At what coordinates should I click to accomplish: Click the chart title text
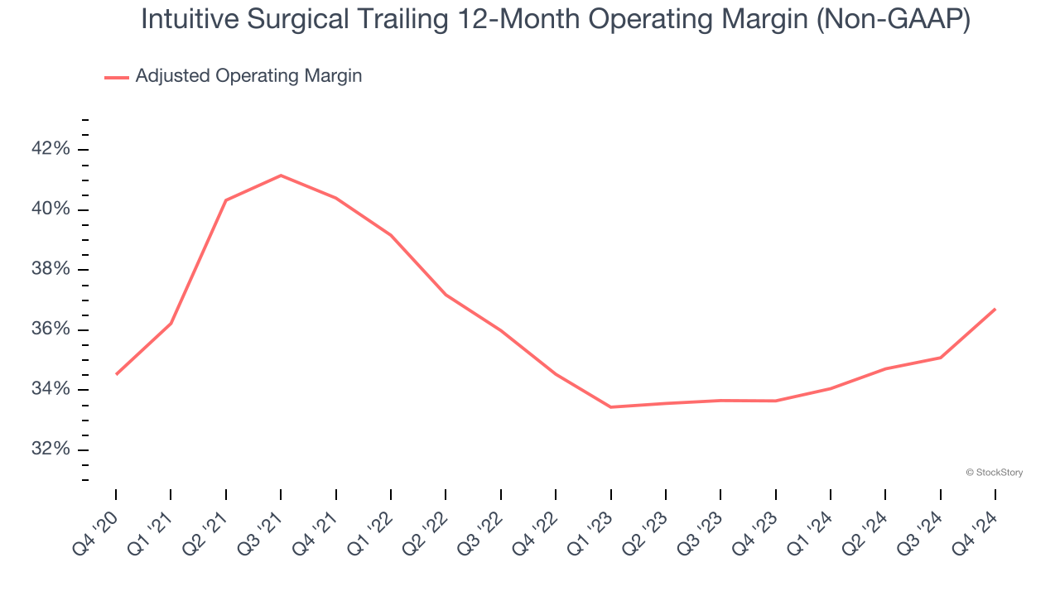coord(555,20)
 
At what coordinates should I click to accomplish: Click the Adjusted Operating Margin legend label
coord(248,76)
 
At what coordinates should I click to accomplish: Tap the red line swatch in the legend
coord(116,77)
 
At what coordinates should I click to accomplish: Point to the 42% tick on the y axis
coord(50,149)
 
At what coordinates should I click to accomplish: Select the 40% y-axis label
coord(50,209)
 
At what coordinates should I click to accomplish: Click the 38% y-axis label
coord(50,270)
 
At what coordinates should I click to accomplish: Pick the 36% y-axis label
coord(50,329)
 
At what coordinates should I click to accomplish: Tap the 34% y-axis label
coord(50,390)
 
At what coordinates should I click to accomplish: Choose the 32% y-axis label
coord(50,449)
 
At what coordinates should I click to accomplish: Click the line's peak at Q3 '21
coord(281,175)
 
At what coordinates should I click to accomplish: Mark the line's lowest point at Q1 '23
coord(611,407)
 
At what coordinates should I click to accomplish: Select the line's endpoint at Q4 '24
coord(995,309)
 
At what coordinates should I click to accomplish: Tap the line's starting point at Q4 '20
coord(116,374)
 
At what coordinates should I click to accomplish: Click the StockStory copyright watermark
coord(994,473)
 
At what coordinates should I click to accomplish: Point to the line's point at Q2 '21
coord(226,200)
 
